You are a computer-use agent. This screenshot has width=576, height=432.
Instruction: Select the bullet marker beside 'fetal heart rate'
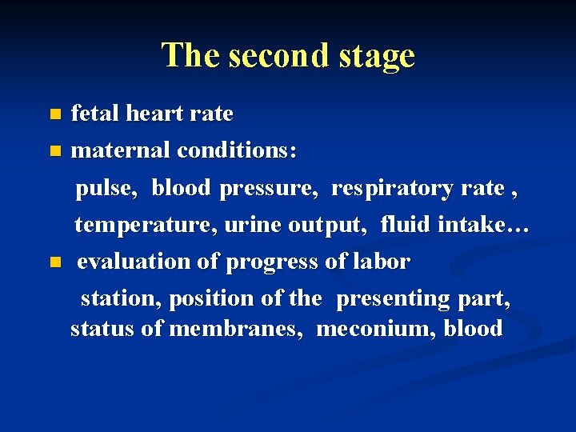pos(54,114)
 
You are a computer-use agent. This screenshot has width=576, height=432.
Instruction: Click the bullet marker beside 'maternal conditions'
pos(54,150)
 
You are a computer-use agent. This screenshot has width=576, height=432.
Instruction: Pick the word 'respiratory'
pos(393,189)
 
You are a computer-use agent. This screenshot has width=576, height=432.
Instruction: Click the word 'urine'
pos(252,226)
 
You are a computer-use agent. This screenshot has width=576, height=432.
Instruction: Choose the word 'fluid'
pos(406,226)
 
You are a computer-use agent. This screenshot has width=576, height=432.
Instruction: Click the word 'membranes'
pos(236,328)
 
